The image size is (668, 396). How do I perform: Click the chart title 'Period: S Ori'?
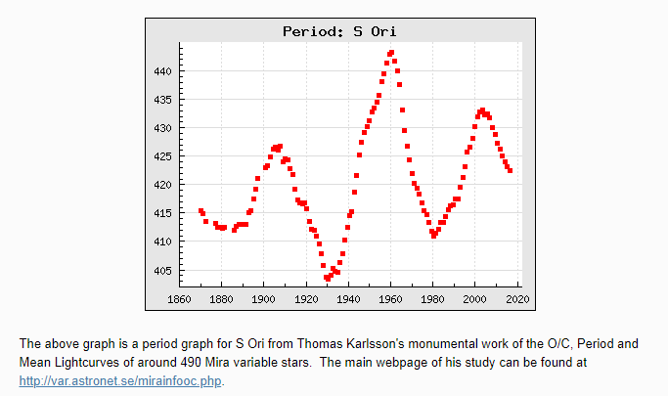point(338,31)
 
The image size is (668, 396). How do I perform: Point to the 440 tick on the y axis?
point(161,71)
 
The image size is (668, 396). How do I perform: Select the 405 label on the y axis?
point(161,271)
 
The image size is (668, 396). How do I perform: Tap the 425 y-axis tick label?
point(161,156)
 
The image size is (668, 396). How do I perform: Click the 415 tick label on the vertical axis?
point(161,213)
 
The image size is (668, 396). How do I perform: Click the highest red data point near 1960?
point(391,52)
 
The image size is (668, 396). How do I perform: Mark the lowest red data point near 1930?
point(328,279)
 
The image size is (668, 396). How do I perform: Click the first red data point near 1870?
point(200,210)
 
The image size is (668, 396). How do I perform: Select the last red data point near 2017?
point(510,170)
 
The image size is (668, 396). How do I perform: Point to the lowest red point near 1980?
point(433,236)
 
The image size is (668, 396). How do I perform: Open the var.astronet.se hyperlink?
point(121,380)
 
